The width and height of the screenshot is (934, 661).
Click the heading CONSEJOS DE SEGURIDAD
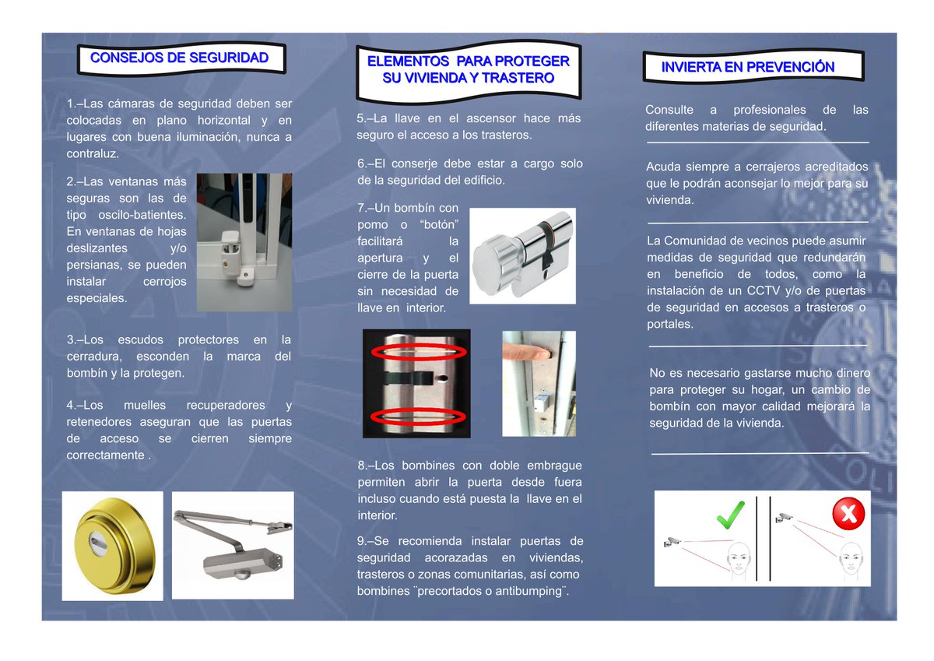pyautogui.click(x=180, y=58)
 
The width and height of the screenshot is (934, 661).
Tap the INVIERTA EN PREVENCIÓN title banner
pyautogui.click(x=747, y=67)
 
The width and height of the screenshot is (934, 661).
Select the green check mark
pyautogui.click(x=731, y=515)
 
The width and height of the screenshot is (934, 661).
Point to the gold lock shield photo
pyautogui.click(x=112, y=545)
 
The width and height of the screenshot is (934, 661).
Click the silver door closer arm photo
pyautogui.click(x=233, y=545)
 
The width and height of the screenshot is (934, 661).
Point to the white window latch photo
pyautogui.click(x=244, y=241)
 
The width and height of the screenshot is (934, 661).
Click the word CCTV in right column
pyautogui.click(x=764, y=291)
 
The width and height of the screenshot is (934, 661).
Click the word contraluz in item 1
pyautogui.click(x=93, y=153)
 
